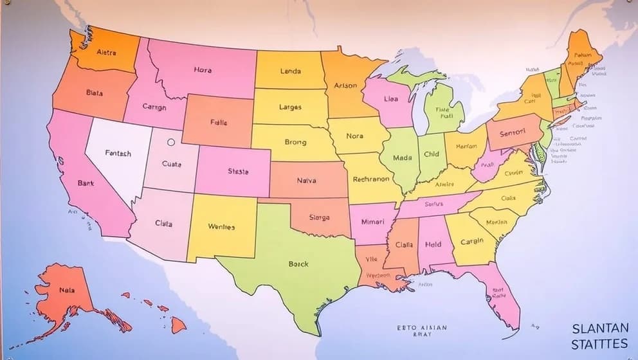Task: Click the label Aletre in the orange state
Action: coord(106,53)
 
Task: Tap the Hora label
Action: coord(202,70)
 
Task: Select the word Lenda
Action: coord(290,71)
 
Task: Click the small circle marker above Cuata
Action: coord(170,143)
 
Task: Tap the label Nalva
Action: coord(307,181)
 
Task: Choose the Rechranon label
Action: coord(371,180)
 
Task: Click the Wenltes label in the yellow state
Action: coord(221,227)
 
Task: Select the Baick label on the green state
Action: coord(298,264)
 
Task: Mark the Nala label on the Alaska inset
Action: coord(67,290)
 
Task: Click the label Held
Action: coord(433,245)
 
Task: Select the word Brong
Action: coord(295,142)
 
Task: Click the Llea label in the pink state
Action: coord(390,100)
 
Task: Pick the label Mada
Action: coord(401,157)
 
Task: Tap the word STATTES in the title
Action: coord(599,345)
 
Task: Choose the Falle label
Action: coord(219,122)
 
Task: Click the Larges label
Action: coord(290,107)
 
